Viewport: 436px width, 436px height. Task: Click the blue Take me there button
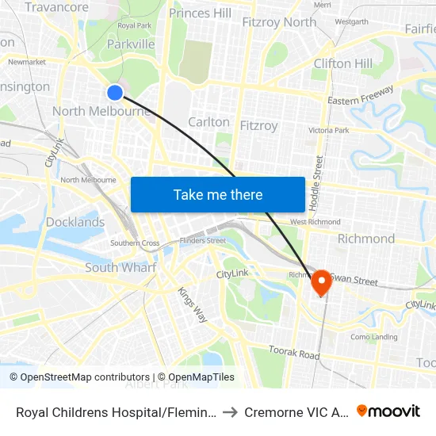218,194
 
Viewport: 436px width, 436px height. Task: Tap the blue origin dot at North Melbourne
115,93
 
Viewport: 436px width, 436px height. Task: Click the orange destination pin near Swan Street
322,282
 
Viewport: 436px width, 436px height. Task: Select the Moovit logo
388,411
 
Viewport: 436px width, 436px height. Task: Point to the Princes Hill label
201,13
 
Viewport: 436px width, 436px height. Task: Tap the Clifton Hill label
342,63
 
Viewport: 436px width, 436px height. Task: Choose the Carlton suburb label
208,122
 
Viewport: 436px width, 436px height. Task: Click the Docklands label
75,222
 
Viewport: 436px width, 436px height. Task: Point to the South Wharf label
120,267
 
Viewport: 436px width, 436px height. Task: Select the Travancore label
56,7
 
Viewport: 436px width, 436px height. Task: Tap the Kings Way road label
193,304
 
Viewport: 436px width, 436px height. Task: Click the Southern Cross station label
135,243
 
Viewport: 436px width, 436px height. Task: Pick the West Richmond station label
316,222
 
